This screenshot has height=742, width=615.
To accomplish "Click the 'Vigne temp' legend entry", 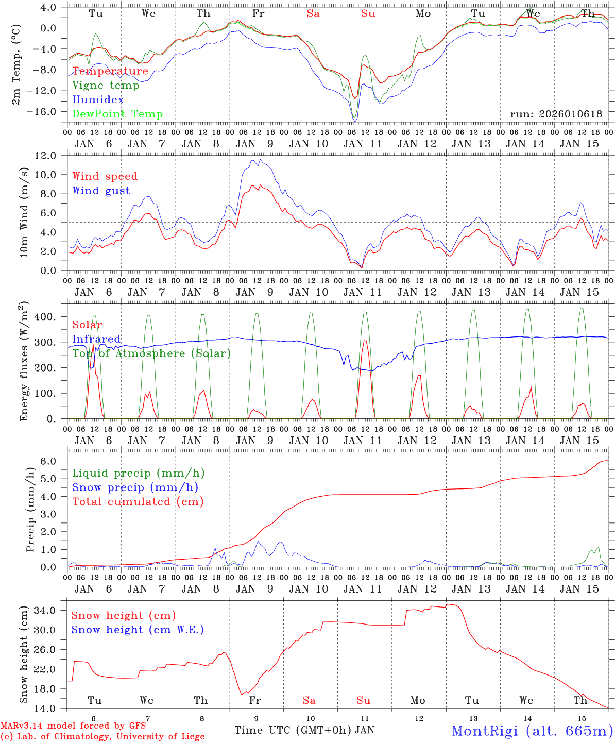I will [106, 86].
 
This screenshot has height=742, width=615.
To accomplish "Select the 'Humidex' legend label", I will [98, 100].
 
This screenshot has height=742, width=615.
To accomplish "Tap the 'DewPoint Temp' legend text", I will [117, 114].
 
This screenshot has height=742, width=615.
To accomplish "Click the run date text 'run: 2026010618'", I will [556, 114].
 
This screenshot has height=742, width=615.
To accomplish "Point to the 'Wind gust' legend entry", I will [101, 191].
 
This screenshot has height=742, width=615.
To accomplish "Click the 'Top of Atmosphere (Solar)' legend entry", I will [151, 353].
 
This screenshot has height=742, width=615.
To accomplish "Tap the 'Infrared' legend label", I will [96, 339].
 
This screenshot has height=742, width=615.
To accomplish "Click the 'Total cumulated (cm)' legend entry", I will [138, 502].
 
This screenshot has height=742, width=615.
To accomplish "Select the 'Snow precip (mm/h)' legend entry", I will [135, 487].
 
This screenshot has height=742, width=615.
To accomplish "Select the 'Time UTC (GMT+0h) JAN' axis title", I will [304, 730].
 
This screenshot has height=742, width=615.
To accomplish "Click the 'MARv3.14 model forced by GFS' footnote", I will [73, 726].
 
